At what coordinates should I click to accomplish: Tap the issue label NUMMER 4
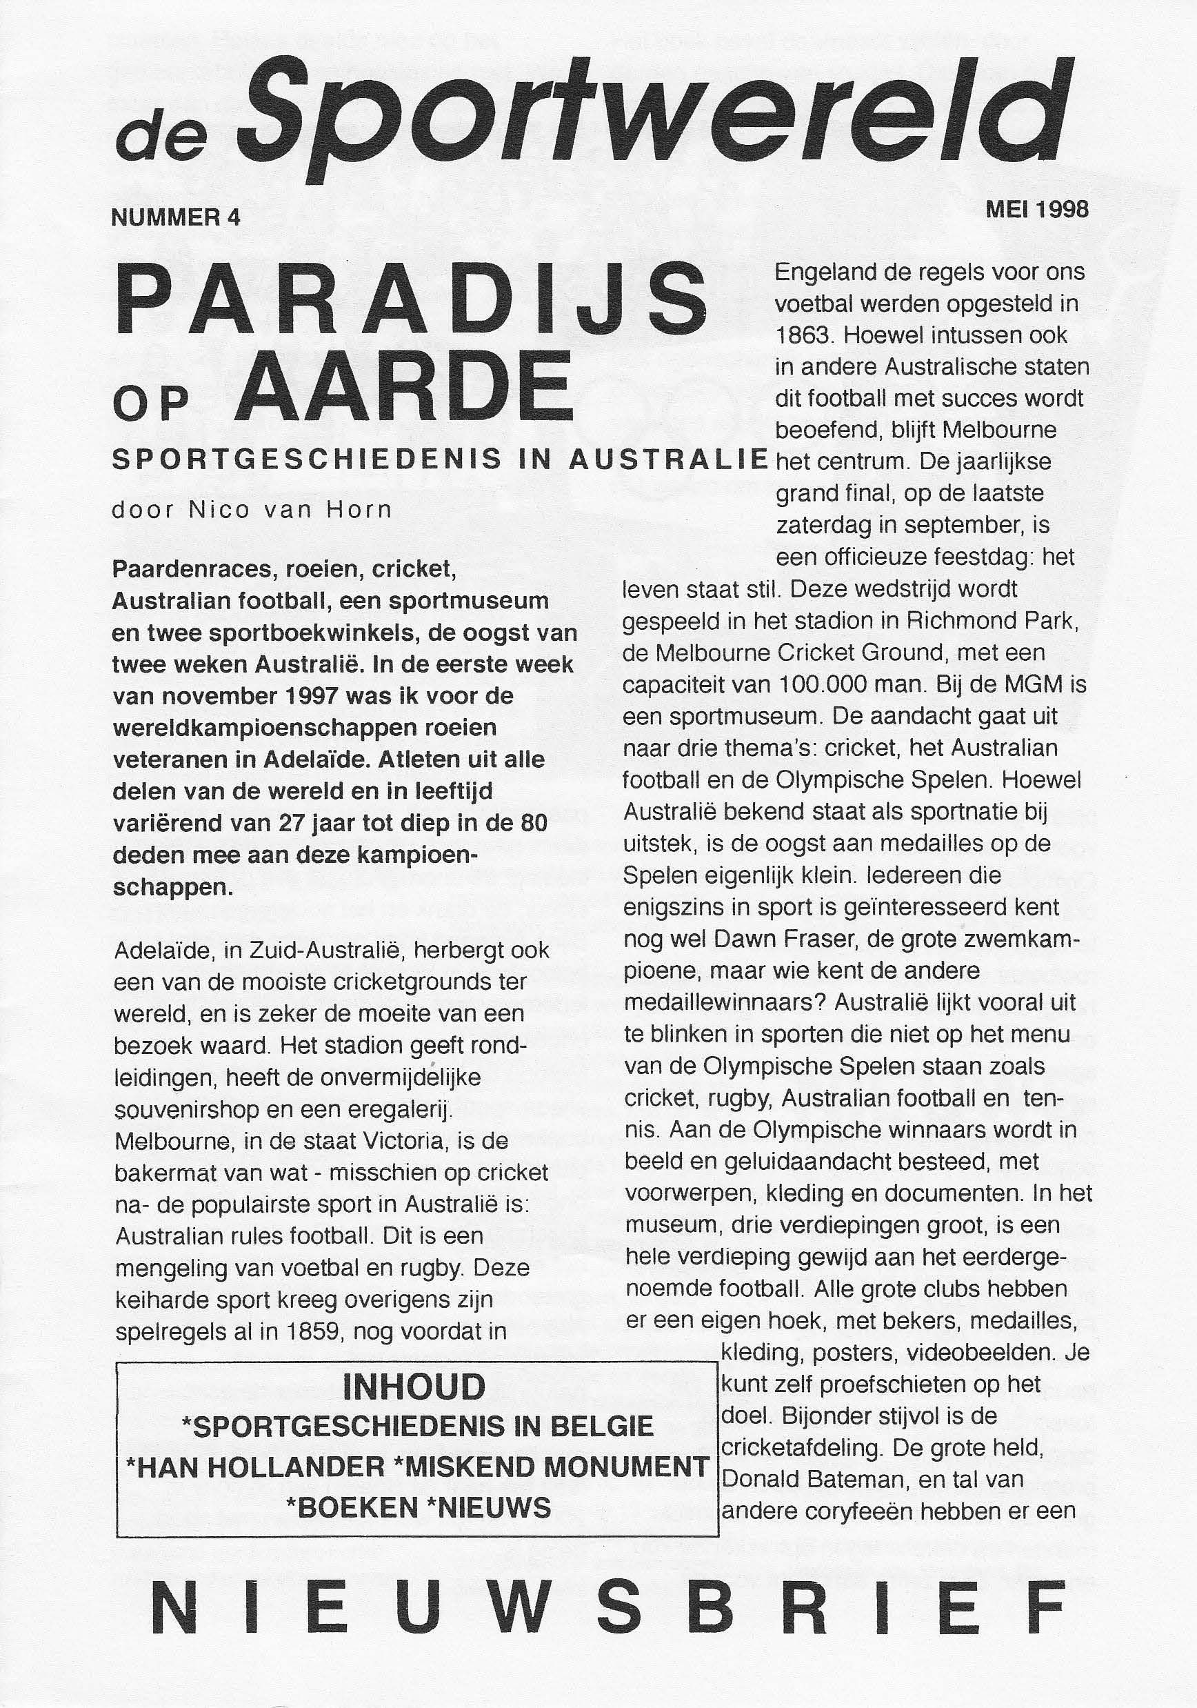click(x=177, y=217)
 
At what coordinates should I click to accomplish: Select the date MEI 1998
click(x=1036, y=209)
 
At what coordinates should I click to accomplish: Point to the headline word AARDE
click(x=405, y=389)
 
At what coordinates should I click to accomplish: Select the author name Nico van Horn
click(x=290, y=511)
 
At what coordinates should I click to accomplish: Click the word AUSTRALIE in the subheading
click(x=667, y=459)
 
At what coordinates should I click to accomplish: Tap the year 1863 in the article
click(x=804, y=335)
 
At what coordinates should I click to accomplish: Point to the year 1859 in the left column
click(x=313, y=1331)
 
